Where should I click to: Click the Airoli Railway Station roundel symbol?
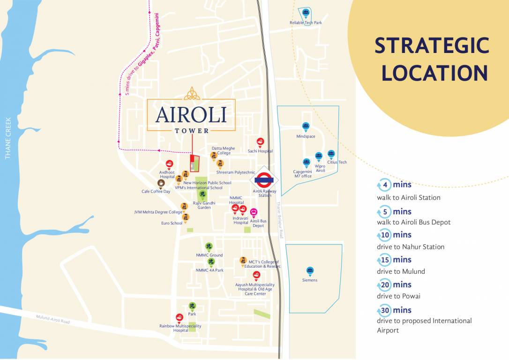(264, 179)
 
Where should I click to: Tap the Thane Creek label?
(8, 138)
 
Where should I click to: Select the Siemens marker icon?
(310, 270)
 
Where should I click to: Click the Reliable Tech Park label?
(306, 22)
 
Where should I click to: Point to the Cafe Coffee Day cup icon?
(161, 183)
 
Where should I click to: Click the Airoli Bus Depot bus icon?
(254, 212)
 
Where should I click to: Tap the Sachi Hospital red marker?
(260, 142)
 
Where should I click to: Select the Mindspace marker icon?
(306, 126)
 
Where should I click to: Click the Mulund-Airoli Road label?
(53, 320)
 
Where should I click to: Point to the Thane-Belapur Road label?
(280, 220)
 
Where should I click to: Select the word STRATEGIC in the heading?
(432, 46)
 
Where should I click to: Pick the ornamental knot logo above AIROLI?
(191, 93)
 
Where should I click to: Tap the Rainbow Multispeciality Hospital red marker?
(179, 317)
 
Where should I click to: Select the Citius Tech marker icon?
(331, 153)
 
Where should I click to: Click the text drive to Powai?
(398, 296)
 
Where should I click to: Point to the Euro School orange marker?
(186, 217)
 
